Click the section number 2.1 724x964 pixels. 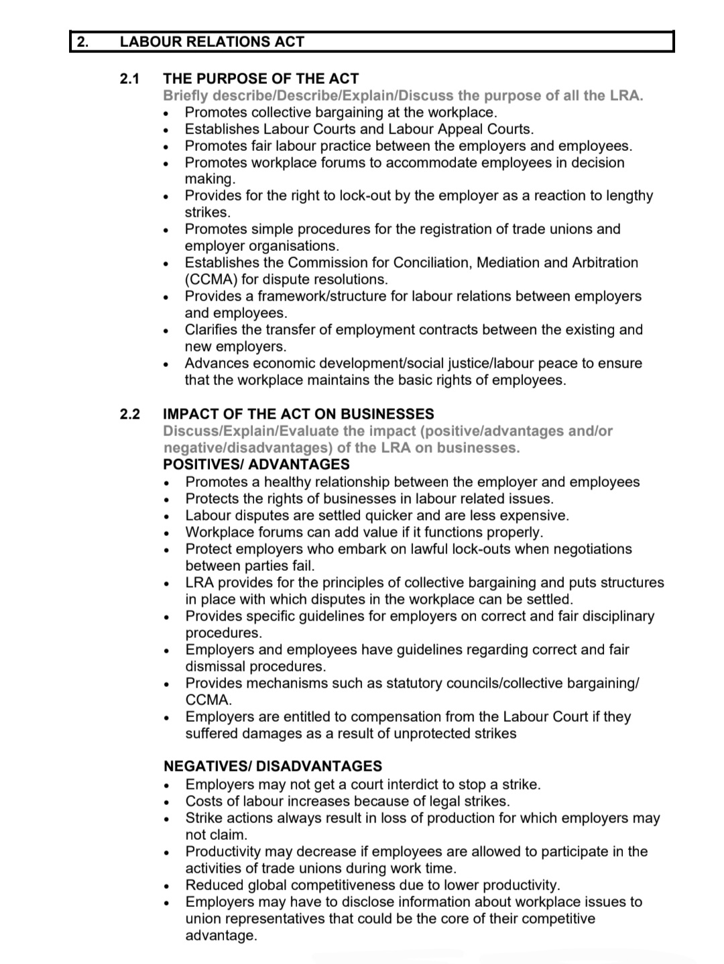coord(129,78)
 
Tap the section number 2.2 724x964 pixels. coord(129,414)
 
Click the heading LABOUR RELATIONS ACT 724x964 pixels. coord(212,42)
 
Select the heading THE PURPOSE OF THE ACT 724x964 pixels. coord(261,78)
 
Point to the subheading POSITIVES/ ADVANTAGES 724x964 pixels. coord(256,464)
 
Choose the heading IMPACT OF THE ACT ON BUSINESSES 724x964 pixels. coord(298,414)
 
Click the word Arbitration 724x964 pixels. coord(605,262)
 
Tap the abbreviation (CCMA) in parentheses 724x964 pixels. coord(212,279)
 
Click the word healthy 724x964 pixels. coord(287,482)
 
